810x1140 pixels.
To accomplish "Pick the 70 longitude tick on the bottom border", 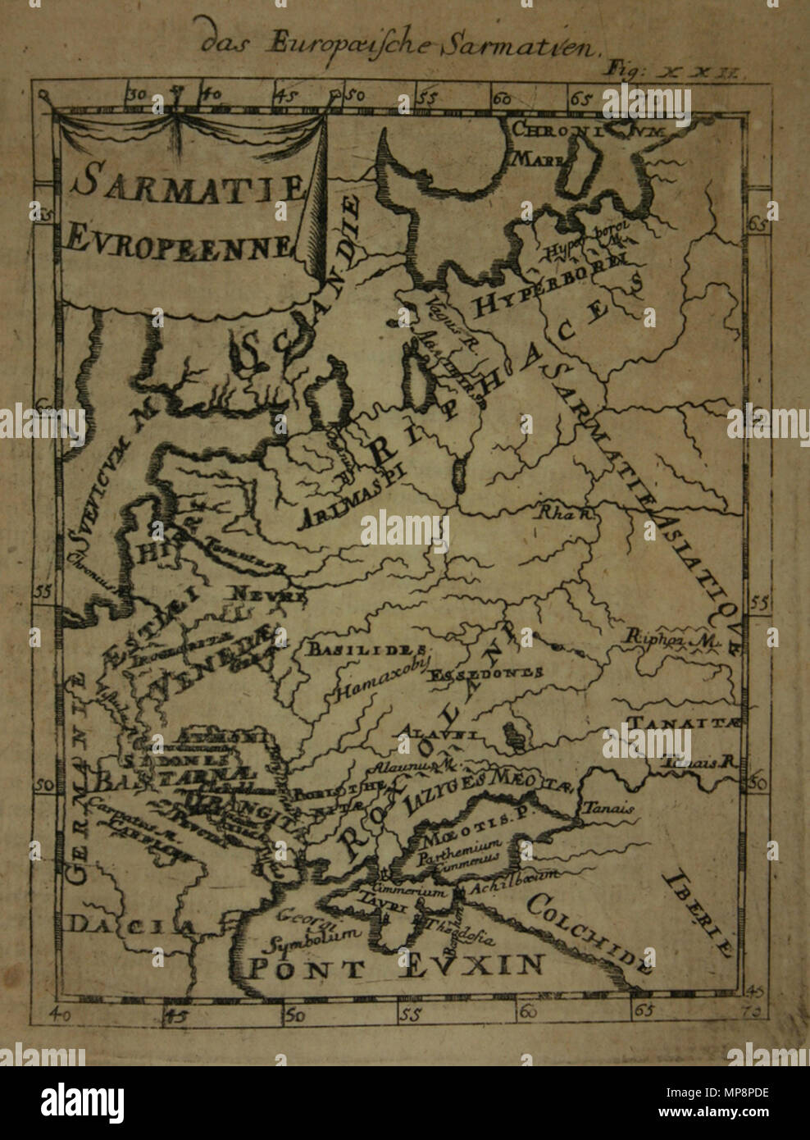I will [x=755, y=1010].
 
